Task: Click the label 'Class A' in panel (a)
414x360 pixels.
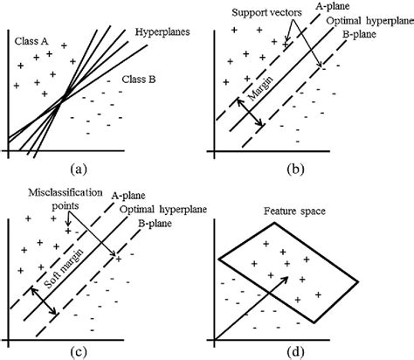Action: (31, 40)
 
